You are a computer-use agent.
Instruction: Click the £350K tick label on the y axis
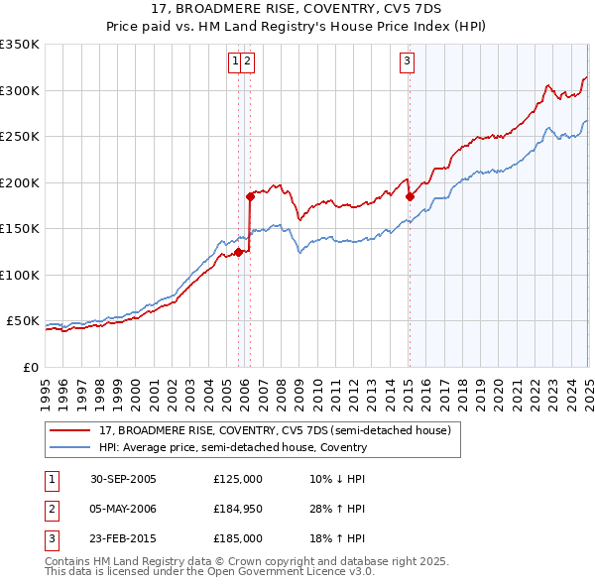click(19, 45)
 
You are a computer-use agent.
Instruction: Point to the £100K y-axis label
click(19, 275)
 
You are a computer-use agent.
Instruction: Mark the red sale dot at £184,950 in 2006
click(250, 196)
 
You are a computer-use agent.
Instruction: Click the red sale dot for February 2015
click(410, 196)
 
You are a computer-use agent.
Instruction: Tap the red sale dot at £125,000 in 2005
click(239, 252)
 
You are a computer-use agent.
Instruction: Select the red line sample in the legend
click(70, 430)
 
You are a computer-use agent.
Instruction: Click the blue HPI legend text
click(233, 447)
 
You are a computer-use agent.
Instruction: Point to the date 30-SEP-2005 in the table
click(123, 479)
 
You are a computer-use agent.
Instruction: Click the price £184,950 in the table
click(238, 509)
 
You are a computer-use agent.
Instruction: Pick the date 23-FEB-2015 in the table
click(123, 538)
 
